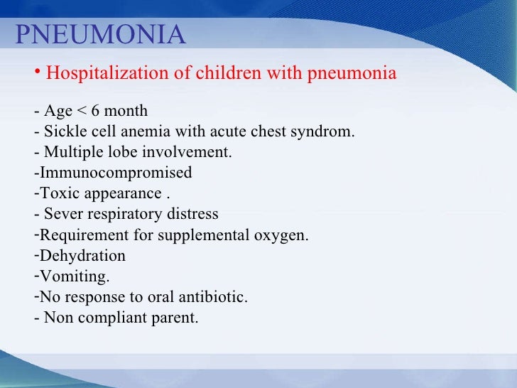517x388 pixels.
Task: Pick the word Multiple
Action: click(x=69, y=153)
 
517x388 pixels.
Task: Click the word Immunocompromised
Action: click(x=115, y=173)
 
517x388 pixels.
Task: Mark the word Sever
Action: click(x=62, y=215)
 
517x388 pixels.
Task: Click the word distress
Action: click(x=193, y=215)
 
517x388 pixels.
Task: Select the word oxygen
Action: click(x=283, y=235)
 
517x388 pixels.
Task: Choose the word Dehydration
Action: click(x=82, y=256)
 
